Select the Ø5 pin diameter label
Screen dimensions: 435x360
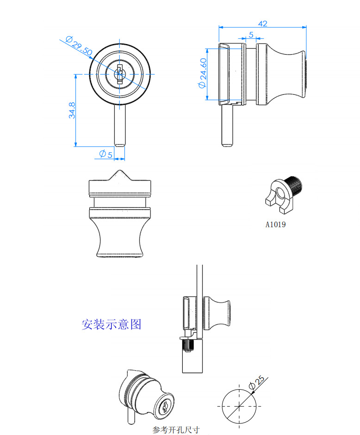coord(106,154)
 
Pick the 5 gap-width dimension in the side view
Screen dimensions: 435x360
coord(251,35)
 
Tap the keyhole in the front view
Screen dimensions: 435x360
coord(120,73)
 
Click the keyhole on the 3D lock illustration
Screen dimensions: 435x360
coord(165,408)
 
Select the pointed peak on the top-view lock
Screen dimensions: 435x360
coord(119,174)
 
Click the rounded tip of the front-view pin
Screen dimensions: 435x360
coord(119,144)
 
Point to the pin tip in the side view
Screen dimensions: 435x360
coord(227,144)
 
